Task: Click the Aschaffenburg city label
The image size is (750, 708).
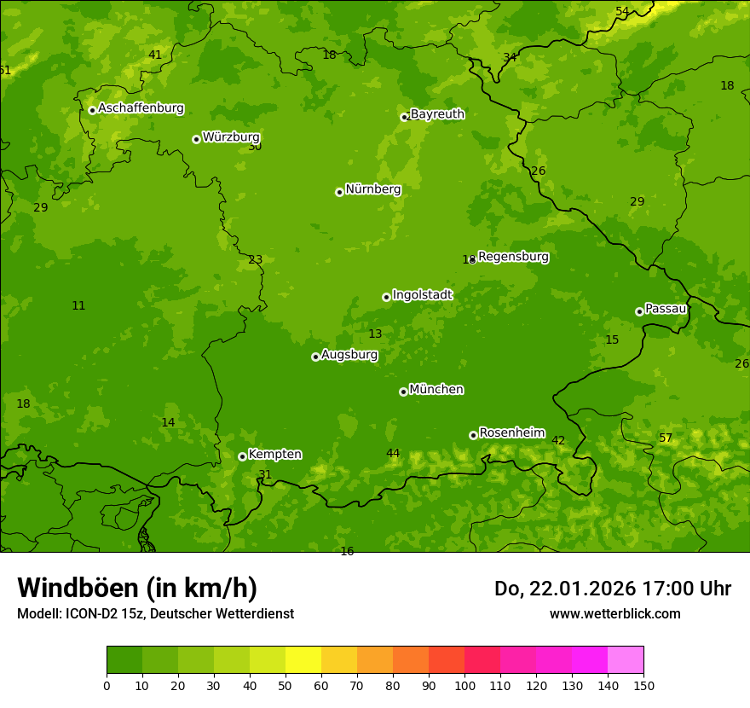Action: click(141, 108)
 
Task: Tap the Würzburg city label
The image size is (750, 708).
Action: click(231, 137)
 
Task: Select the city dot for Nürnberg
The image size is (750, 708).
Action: click(339, 192)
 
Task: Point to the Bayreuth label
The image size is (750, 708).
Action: click(437, 114)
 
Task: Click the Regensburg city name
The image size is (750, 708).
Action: click(513, 257)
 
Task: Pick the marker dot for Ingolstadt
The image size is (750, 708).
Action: click(386, 297)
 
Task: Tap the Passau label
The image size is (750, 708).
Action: click(665, 309)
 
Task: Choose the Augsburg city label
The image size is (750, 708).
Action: click(349, 355)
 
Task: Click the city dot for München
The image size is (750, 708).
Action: click(403, 392)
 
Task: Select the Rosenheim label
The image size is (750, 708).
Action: click(511, 433)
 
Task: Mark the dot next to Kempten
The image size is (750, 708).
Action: click(242, 456)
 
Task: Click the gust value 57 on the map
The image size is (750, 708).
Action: click(666, 438)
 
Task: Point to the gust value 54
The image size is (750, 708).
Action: click(622, 11)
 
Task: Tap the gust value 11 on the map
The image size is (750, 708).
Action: click(78, 305)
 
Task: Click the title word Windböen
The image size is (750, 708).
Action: click(78, 588)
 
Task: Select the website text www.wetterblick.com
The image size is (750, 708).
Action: click(614, 613)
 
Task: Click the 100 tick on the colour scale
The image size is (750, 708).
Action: click(464, 685)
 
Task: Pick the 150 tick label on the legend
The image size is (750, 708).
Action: click(643, 685)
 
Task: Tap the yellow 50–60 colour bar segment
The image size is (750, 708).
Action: click(303, 660)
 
